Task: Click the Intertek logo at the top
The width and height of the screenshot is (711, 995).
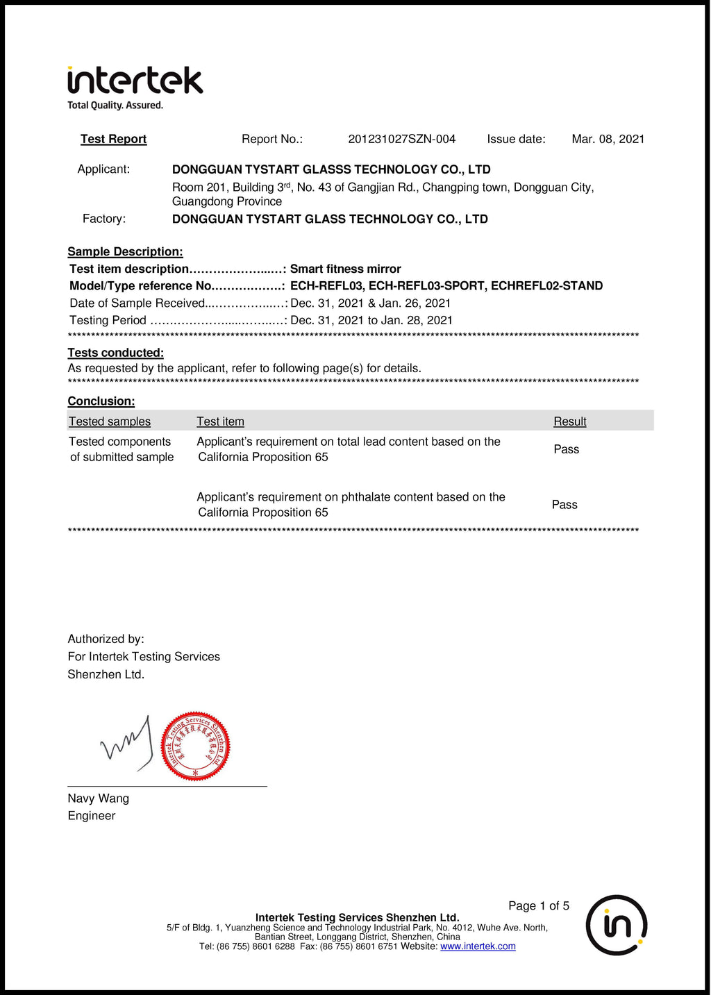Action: point(135,82)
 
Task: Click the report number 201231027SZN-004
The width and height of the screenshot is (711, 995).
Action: point(401,139)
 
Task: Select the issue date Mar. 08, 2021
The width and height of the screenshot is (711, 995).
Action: point(608,139)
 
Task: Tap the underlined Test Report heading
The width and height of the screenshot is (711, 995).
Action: point(113,139)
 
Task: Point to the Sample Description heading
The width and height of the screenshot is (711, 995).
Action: point(125,251)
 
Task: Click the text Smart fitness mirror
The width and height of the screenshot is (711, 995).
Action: point(345,269)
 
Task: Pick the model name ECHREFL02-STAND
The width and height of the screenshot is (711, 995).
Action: point(546,285)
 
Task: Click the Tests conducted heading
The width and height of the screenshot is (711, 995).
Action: point(115,353)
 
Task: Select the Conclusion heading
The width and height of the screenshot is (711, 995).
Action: point(101,401)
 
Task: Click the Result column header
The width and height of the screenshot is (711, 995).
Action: point(569,421)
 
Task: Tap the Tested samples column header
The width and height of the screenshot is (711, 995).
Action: point(109,421)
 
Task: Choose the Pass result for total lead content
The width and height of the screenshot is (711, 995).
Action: point(566,449)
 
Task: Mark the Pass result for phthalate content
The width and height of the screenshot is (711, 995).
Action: point(564,505)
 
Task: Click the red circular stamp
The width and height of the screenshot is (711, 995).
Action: point(195,746)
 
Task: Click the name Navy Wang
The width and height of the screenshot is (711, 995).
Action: point(98,798)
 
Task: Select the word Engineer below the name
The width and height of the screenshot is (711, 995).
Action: point(91,816)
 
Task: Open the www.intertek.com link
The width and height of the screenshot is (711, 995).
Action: point(478,946)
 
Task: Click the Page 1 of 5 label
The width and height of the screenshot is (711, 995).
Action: point(538,905)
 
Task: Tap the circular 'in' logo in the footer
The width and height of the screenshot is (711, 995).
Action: point(617,925)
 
